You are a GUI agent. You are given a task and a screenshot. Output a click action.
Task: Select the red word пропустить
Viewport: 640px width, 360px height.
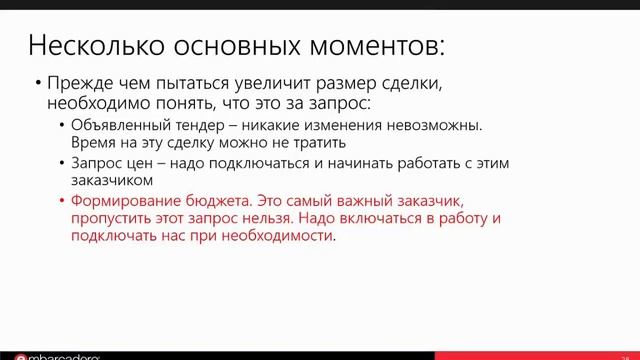pos(112,219)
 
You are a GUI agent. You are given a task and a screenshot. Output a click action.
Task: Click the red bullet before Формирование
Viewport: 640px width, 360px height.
pos(62,200)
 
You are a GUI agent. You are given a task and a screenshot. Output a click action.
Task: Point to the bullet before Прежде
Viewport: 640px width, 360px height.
pos(37,84)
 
